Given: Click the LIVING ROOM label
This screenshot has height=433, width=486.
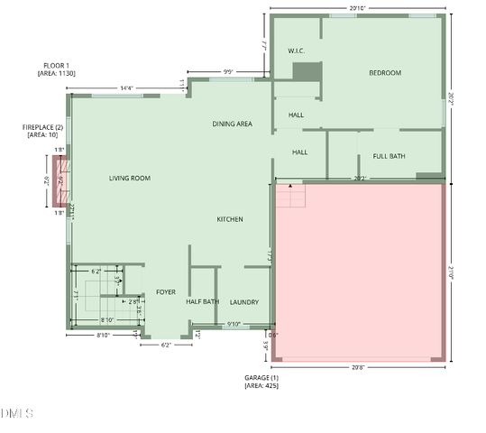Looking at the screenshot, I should (x=130, y=179).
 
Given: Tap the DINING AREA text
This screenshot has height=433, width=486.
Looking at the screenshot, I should (x=232, y=124).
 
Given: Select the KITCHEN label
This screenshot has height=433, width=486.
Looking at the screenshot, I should (x=230, y=219).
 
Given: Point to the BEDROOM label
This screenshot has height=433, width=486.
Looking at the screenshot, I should (x=385, y=73).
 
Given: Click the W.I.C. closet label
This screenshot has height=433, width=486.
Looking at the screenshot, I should (x=297, y=51).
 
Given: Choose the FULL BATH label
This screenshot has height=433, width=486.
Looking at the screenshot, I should (x=390, y=156).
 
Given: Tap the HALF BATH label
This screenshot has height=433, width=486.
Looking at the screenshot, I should (x=203, y=302).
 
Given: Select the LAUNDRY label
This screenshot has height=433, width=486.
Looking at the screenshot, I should (x=244, y=302).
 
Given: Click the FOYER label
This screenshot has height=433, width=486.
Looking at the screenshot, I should (x=166, y=292).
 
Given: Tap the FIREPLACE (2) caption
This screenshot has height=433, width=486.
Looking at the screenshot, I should (x=42, y=127).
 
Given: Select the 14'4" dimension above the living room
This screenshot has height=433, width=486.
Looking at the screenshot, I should (x=127, y=88).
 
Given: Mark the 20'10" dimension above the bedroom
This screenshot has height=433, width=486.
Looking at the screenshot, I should (x=359, y=8).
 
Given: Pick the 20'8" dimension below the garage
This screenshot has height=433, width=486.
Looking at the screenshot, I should (x=358, y=367).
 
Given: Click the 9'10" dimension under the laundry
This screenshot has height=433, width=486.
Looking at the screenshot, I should (x=234, y=325).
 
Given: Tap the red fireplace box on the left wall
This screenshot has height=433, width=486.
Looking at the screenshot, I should (x=61, y=180).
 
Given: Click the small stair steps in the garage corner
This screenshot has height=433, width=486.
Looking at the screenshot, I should (x=290, y=195).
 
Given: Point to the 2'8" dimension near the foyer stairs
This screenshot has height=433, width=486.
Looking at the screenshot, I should (x=133, y=301).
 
